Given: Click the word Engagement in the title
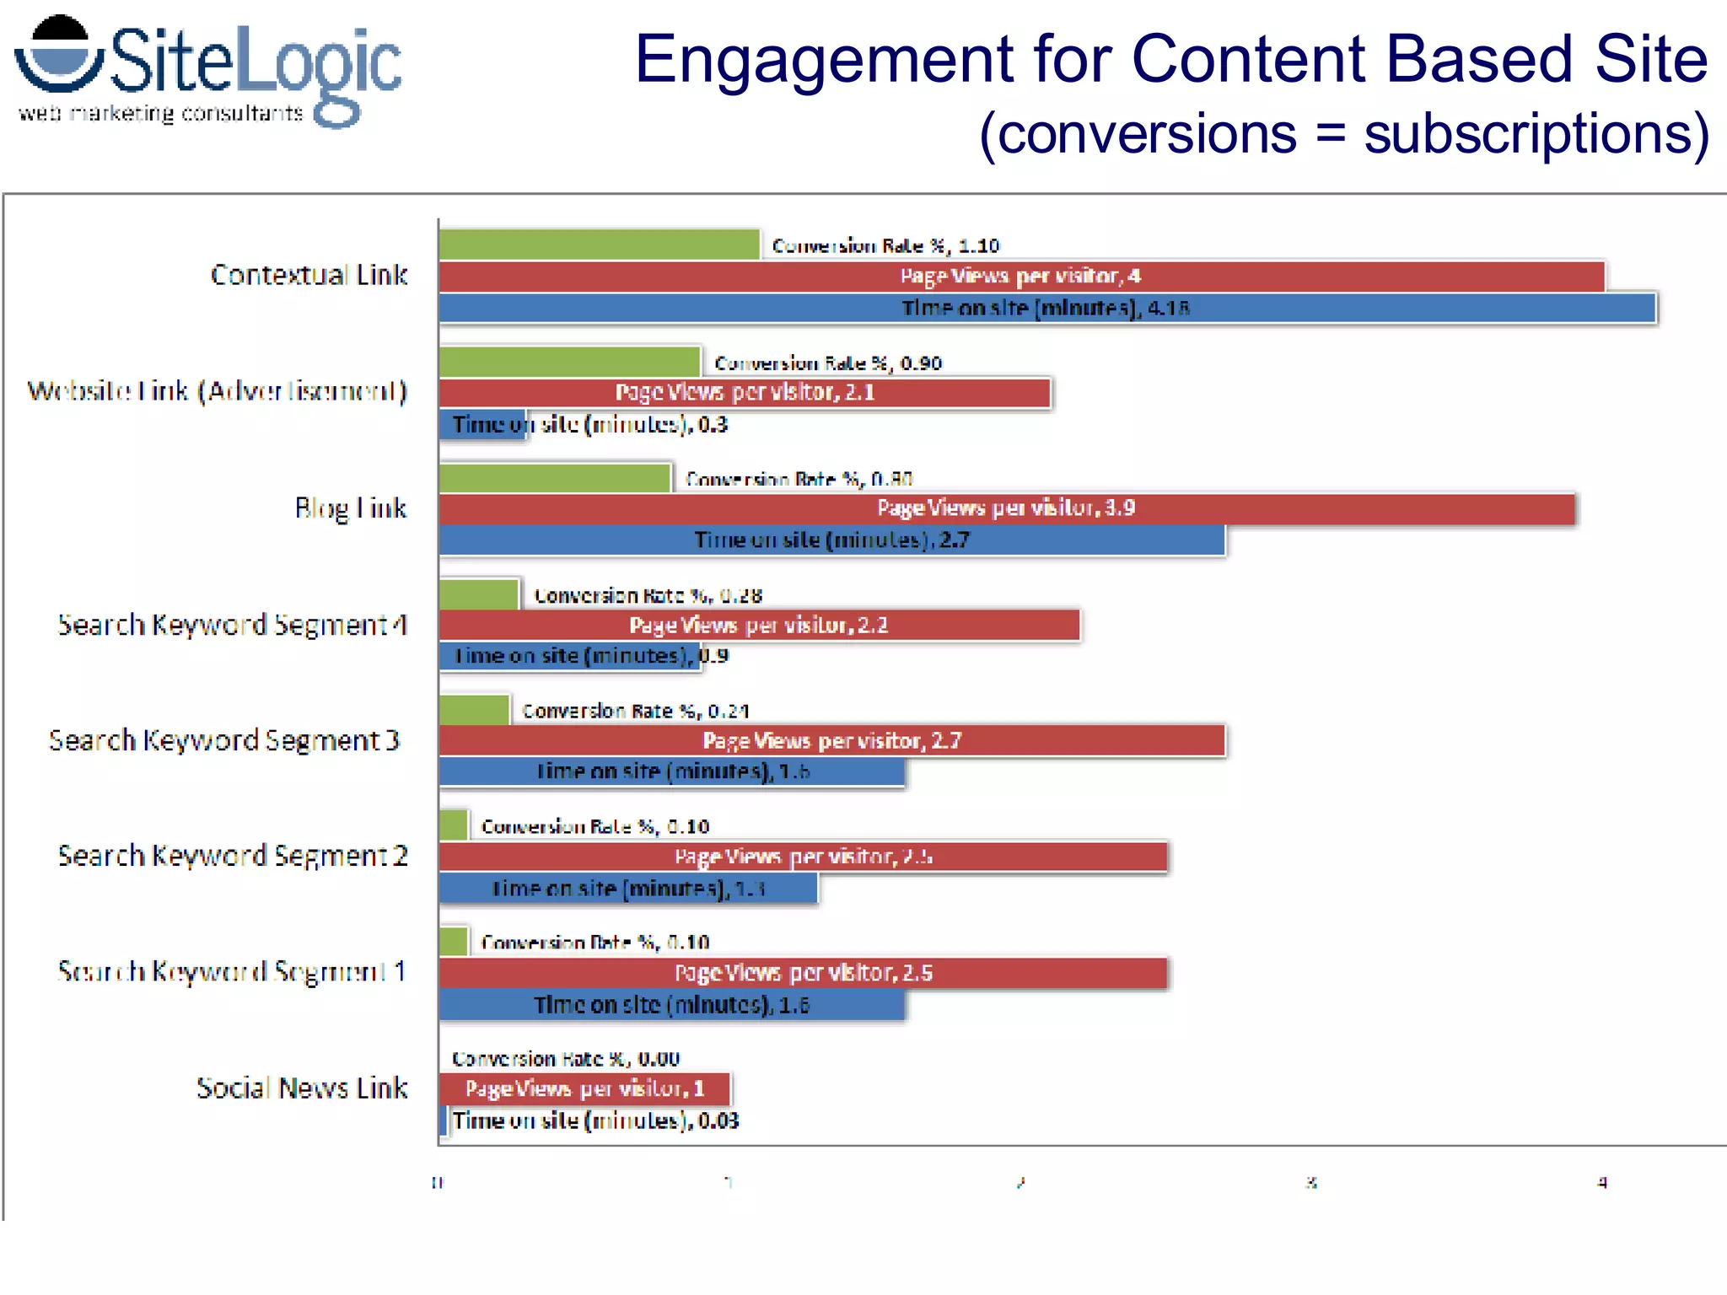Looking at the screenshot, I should pos(823,61).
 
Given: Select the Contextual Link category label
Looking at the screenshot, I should pos(309,275).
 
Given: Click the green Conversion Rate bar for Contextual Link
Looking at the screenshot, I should pos(599,244).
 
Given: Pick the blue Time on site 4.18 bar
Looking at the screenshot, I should pos(1046,309).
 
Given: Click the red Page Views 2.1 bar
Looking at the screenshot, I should pos(744,393).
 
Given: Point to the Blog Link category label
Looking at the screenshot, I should pos(350,508).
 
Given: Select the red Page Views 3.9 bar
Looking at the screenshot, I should pos(1006,508).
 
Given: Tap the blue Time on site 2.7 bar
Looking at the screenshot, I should pos(831,540).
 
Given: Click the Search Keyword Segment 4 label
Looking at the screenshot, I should pos(232,625).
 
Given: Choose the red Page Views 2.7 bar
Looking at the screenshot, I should pos(831,741).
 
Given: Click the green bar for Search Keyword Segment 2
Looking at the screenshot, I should pos(454,825).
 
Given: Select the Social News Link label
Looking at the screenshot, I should pos(302,1088).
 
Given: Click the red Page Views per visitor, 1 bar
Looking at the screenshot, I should pos(584,1089).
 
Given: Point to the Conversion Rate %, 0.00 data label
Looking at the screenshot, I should pos(565,1059).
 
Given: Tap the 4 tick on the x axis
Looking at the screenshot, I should pos(1602,1183).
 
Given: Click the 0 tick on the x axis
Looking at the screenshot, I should pos(437,1183).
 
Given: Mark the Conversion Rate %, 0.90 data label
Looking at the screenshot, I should pos(827,363).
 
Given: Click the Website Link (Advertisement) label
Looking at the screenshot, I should pos(218,391).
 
